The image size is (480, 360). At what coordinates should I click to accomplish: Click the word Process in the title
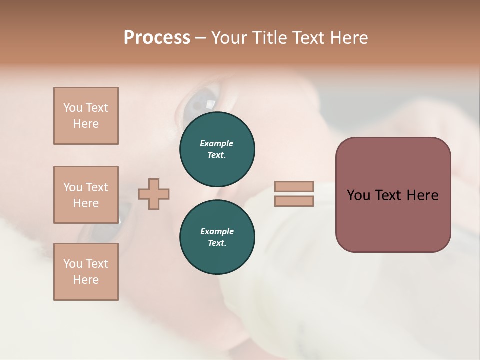coord(157,38)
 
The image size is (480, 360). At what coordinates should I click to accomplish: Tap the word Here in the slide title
coord(348,38)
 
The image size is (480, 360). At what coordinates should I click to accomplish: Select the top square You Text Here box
coord(86,116)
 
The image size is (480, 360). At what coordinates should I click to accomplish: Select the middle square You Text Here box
coord(86,195)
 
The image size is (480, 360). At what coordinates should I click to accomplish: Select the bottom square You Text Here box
coord(86,272)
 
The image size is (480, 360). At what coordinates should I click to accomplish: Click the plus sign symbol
coord(154,194)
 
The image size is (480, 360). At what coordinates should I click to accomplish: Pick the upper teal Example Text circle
coord(217,149)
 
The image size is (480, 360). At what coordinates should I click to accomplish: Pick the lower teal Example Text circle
coord(217,237)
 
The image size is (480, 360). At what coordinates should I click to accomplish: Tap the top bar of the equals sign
coord(294,186)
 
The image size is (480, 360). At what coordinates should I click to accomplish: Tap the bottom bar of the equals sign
coord(294,201)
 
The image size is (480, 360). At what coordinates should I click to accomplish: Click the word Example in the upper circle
coord(217,143)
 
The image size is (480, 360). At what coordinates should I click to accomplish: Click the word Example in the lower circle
coord(217,231)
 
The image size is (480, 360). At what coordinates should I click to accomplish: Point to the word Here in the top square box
coord(86,124)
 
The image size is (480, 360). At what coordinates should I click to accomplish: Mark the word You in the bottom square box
coord(72,264)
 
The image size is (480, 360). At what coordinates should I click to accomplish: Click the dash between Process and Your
coord(201,38)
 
